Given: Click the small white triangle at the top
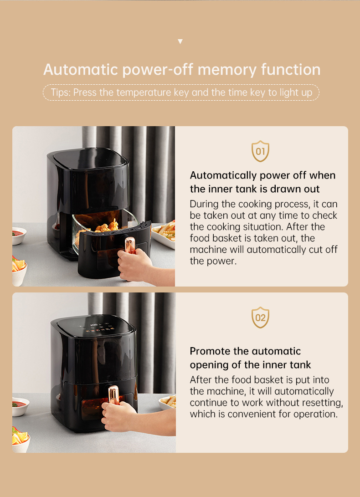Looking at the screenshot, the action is (x=180, y=41).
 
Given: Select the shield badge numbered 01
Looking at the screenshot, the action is (x=260, y=151).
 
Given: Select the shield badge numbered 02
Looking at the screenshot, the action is (x=260, y=317).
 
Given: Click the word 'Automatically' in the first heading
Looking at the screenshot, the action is (x=223, y=175).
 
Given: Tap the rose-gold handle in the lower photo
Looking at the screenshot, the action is (x=113, y=395).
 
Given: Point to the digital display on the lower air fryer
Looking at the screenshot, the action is (x=94, y=325).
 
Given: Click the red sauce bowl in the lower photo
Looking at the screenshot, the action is (x=20, y=406).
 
